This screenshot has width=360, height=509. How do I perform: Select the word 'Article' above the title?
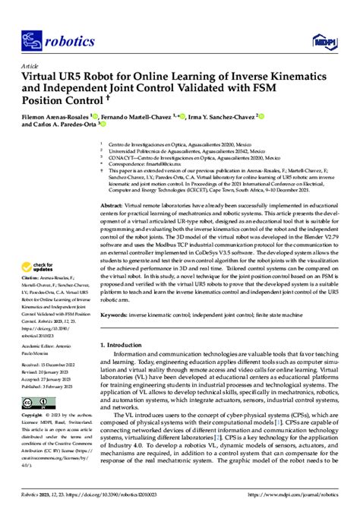tap(30, 65)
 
